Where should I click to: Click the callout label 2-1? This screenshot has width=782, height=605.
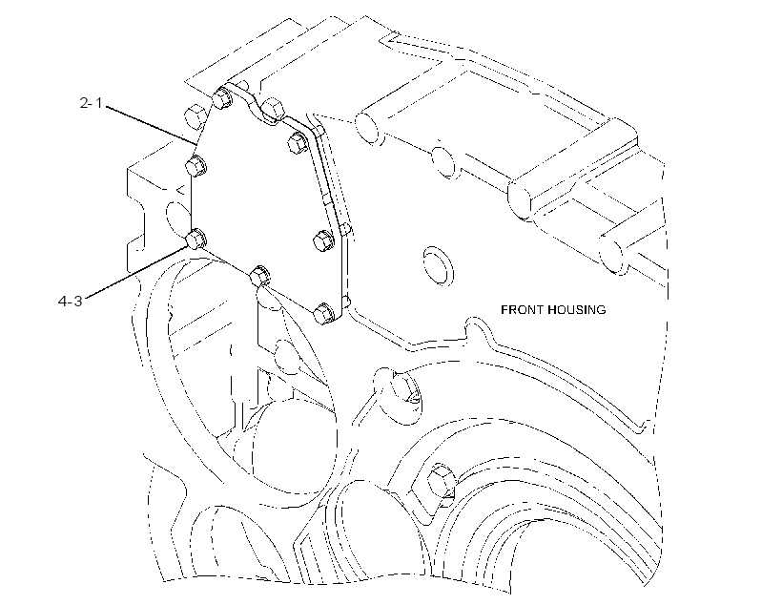click(91, 103)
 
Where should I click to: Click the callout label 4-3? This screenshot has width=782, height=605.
click(71, 301)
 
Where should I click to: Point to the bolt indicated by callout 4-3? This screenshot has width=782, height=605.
click(196, 239)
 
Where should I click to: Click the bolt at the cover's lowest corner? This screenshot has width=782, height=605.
click(324, 313)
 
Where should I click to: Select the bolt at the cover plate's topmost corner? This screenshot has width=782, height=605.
click(221, 97)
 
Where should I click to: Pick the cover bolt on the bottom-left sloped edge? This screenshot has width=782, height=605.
click(258, 276)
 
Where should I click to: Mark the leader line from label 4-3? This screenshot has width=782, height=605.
click(134, 272)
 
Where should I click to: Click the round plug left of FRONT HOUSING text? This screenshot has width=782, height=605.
click(438, 265)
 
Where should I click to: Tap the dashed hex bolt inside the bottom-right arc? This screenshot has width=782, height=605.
click(441, 481)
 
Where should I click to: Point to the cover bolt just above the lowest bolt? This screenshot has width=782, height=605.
click(324, 240)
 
